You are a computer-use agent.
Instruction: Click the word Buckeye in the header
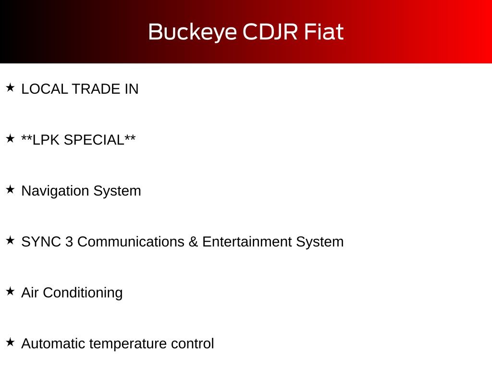[x=192, y=32]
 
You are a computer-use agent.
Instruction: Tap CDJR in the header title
[x=270, y=32]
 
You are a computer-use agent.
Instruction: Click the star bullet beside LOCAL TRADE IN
[x=11, y=87]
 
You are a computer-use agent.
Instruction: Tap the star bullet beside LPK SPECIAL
[x=11, y=138]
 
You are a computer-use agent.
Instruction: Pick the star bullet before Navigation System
[x=11, y=189]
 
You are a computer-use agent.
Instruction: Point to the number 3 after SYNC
[x=69, y=242]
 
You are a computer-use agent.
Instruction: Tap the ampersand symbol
[x=193, y=242]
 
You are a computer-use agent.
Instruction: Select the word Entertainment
[x=247, y=242]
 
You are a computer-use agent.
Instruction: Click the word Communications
[x=131, y=242]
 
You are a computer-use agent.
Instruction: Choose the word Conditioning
[x=83, y=293]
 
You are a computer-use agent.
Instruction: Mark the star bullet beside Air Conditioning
[x=11, y=291]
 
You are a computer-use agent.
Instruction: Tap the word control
[x=192, y=344]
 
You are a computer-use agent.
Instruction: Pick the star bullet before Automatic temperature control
[x=11, y=342]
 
